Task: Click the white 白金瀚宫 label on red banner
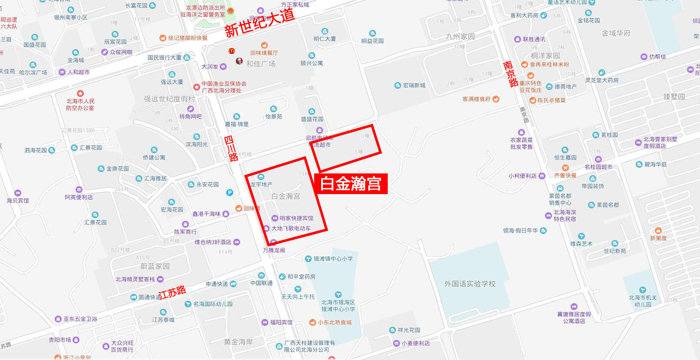(x=351, y=183)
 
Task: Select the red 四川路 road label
(x=231, y=149)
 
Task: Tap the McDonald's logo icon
(x=231, y=51)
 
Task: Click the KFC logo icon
(x=239, y=60)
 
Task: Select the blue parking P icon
(x=230, y=192)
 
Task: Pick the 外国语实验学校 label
(x=470, y=284)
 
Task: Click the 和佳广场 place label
(x=261, y=64)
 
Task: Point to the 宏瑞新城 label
(x=414, y=85)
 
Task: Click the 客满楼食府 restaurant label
(x=476, y=99)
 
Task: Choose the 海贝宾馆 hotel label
(x=18, y=200)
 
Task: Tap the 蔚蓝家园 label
(x=155, y=266)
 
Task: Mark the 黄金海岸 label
(x=239, y=342)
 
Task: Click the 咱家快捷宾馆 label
(x=296, y=218)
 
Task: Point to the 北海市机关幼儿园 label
(x=640, y=300)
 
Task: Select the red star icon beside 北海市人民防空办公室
(x=80, y=93)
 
